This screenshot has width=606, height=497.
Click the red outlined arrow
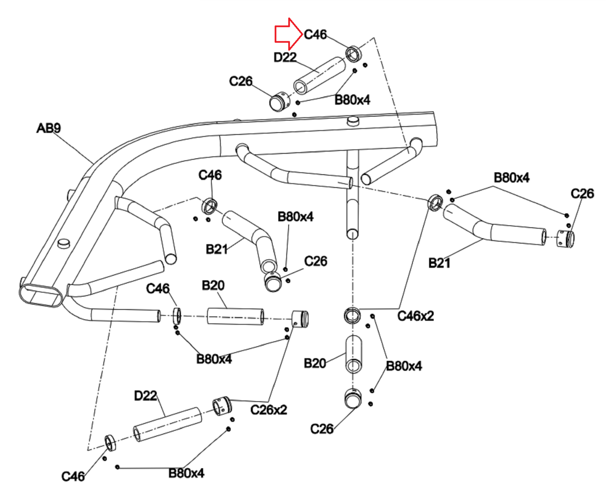click(x=289, y=34)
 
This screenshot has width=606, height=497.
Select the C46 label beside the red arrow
click(x=315, y=34)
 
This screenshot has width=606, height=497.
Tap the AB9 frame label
click(x=48, y=128)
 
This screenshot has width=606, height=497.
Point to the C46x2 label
click(x=415, y=316)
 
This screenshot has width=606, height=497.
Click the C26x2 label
click(x=269, y=410)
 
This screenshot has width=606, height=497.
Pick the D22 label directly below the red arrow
click(x=285, y=57)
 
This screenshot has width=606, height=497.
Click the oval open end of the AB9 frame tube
click(x=41, y=296)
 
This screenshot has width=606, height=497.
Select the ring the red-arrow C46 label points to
click(x=353, y=54)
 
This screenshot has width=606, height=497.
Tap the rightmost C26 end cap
click(x=565, y=238)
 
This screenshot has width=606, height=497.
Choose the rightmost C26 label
click(x=582, y=194)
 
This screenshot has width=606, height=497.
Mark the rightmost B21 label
click(x=439, y=263)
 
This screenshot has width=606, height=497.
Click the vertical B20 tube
click(x=353, y=355)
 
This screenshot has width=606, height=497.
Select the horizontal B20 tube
click(x=235, y=316)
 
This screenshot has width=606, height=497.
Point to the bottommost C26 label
click(x=322, y=429)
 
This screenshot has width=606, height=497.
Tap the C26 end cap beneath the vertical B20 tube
click(x=353, y=399)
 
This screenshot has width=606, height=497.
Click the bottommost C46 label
click(x=73, y=477)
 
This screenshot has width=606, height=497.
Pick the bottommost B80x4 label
click(x=186, y=473)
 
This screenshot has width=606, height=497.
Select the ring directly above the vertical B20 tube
click(x=352, y=316)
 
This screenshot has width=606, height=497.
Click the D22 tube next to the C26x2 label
click(x=167, y=425)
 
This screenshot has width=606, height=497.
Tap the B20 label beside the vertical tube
click(x=315, y=364)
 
